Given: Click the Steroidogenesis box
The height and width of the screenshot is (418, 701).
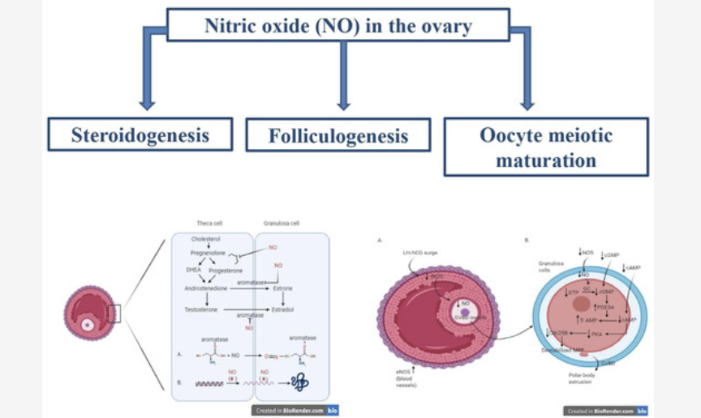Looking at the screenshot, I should (140, 134).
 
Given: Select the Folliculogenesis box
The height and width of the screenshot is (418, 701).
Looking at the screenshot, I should (338, 135).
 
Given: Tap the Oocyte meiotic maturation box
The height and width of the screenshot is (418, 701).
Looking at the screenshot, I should (546, 147).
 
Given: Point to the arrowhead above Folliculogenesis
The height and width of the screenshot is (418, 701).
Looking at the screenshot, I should (343, 103).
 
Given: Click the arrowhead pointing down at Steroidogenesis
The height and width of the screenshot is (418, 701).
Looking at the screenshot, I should (147, 103).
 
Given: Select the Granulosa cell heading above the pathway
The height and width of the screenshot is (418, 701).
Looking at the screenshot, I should (282, 223).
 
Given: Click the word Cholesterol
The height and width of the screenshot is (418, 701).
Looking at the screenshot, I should (205, 240).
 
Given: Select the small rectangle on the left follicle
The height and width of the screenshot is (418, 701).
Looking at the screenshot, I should (114, 313).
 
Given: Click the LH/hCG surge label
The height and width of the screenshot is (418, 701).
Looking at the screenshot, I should (419, 253).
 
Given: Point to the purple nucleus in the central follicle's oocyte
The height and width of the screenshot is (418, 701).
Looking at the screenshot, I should (464, 310).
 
